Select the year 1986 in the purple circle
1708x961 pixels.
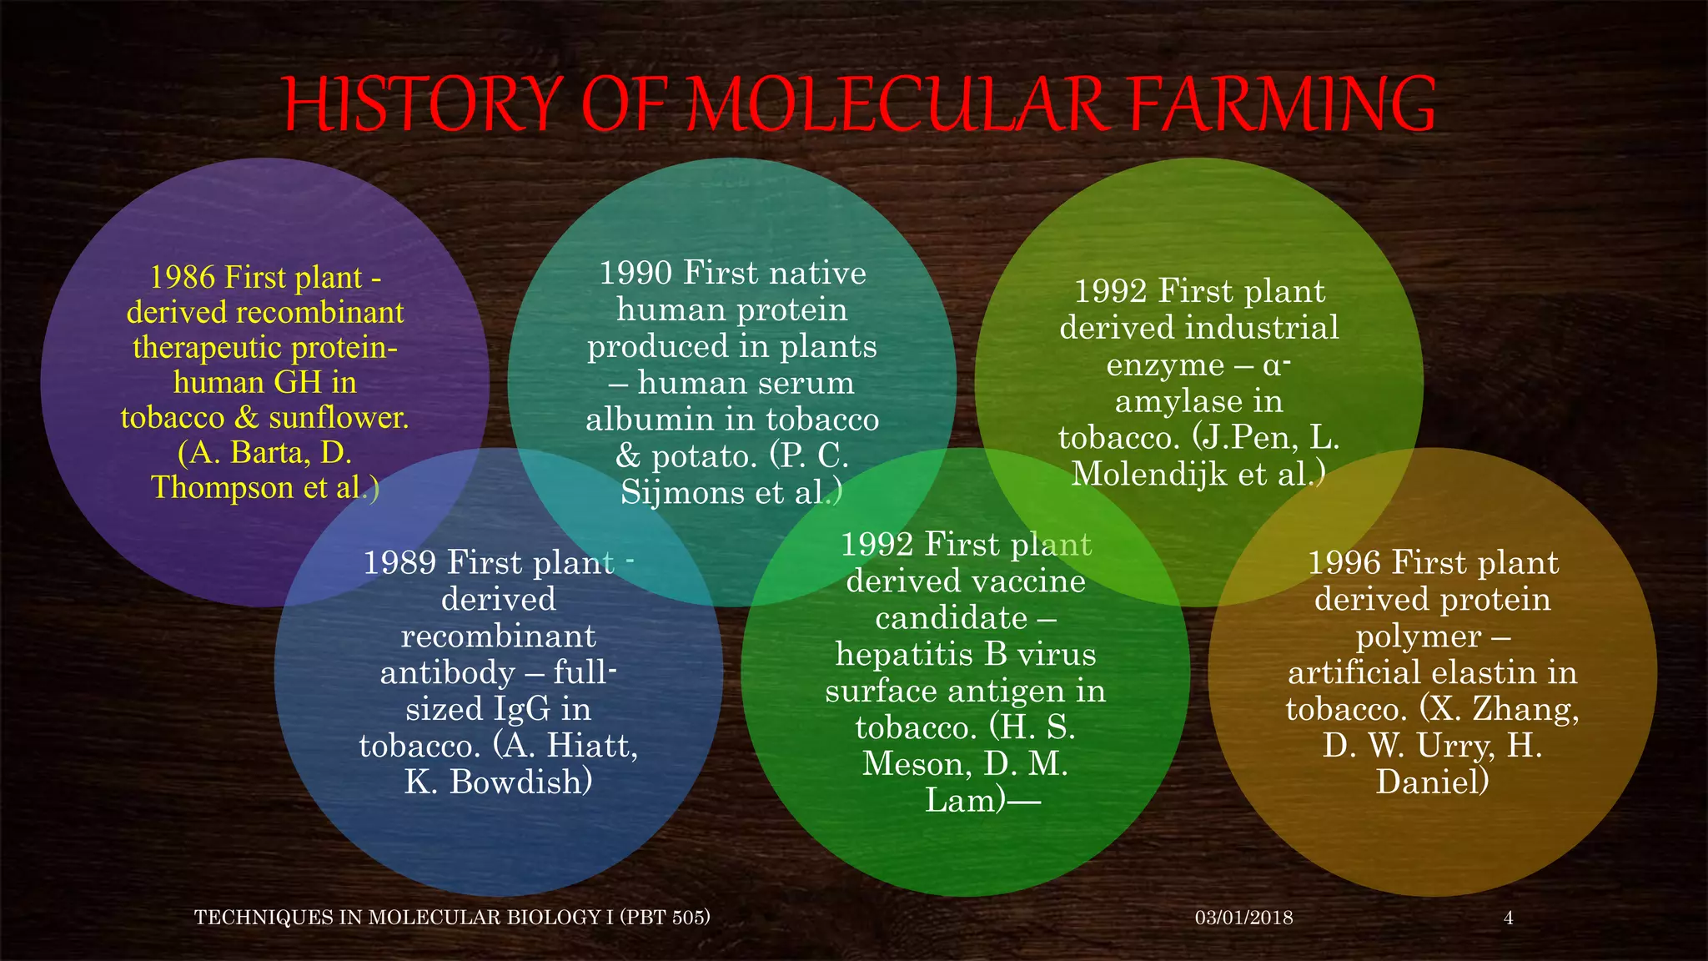(183, 278)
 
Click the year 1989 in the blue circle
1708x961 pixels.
(399, 563)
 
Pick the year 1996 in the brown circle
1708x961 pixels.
(1344, 563)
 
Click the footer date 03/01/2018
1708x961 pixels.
(1243, 918)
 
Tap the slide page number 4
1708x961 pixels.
(1508, 918)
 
